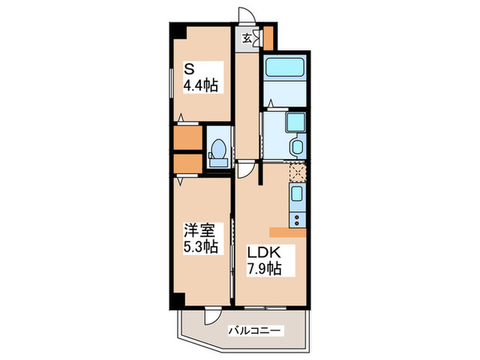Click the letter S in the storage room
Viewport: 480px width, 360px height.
click(187, 69)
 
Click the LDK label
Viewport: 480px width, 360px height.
click(263, 251)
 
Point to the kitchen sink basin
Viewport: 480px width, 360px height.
click(298, 193)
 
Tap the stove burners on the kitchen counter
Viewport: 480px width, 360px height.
click(298, 220)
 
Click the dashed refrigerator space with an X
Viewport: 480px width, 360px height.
click(298, 171)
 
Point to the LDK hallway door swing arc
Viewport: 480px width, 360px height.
click(249, 169)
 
